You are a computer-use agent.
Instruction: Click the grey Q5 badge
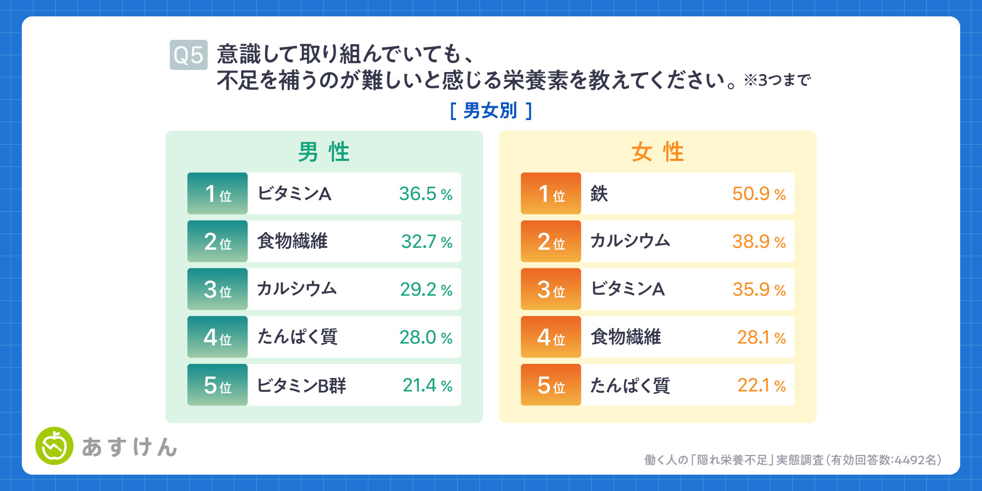tap(189, 55)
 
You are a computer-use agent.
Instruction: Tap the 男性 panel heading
tap(324, 152)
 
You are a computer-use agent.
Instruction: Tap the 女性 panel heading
tap(657, 152)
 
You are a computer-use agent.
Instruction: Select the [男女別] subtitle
tap(490, 111)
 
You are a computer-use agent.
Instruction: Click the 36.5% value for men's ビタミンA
tap(426, 194)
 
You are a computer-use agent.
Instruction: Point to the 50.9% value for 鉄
tap(759, 194)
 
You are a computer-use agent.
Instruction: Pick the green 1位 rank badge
tap(218, 194)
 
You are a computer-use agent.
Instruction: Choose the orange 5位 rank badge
tap(551, 385)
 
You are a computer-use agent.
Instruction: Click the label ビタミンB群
tap(302, 386)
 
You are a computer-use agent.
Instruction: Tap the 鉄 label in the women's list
tap(599, 194)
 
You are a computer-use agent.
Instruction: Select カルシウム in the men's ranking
tap(297, 289)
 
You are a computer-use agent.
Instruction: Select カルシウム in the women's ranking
tap(630, 241)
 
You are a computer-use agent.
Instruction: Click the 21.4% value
tap(428, 385)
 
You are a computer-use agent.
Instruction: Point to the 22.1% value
tap(762, 385)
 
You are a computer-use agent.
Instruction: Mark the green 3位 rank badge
tap(218, 289)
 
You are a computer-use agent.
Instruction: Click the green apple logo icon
tap(55, 446)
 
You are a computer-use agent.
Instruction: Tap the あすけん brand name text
tap(130, 447)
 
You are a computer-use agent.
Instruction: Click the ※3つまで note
tap(777, 80)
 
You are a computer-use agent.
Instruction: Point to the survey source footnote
tap(793, 460)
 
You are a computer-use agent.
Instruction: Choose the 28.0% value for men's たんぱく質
tap(426, 337)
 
